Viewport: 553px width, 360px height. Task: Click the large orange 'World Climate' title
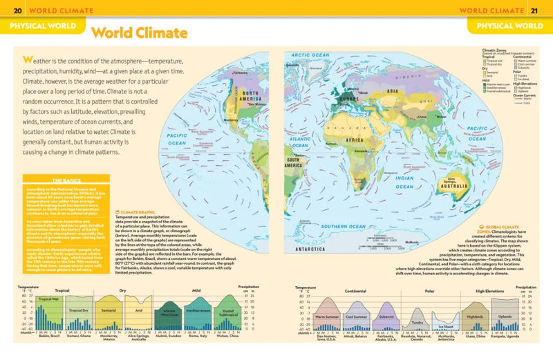tap(139, 32)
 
